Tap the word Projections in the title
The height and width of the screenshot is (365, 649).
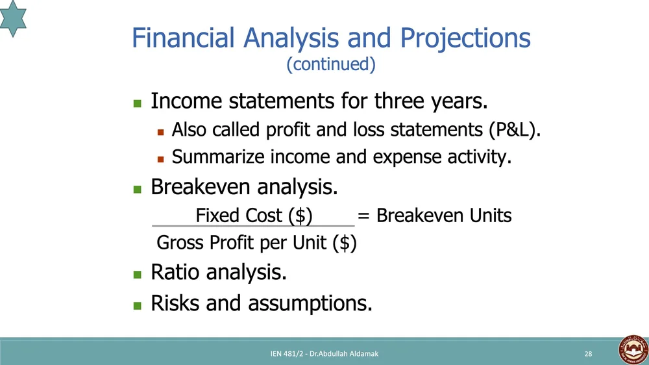pyautogui.click(x=465, y=39)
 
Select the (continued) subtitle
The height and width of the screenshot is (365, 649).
pyautogui.click(x=331, y=64)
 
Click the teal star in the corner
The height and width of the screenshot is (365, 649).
pyautogui.click(x=12, y=18)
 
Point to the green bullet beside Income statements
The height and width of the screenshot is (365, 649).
pyautogui.click(x=138, y=103)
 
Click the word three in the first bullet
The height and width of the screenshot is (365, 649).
pyautogui.click(x=399, y=101)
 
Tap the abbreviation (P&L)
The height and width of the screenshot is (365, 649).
pyautogui.click(x=515, y=130)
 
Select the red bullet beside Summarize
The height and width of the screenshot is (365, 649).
pyautogui.click(x=160, y=159)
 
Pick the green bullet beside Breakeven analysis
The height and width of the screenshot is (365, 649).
pyautogui.click(x=138, y=190)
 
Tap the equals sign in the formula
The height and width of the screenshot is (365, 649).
pyautogui.click(x=363, y=216)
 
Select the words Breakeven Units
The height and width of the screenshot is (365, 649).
pyautogui.click(x=444, y=216)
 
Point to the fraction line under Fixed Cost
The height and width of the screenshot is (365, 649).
pyautogui.click(x=253, y=226)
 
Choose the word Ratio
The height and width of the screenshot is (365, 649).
pyautogui.click(x=175, y=272)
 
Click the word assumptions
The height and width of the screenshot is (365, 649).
pyautogui.click(x=310, y=304)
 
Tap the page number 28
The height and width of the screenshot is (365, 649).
pyautogui.click(x=588, y=354)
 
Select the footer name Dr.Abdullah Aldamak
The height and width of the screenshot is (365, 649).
pyautogui.click(x=344, y=354)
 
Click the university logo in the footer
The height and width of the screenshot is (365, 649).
pyautogui.click(x=633, y=350)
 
